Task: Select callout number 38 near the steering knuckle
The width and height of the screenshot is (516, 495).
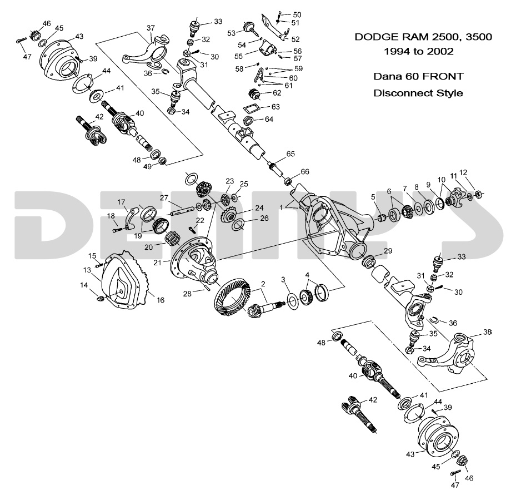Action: point(487,332)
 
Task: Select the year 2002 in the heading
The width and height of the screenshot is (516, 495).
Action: point(440,51)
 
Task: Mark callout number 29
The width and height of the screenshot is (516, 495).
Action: point(388,251)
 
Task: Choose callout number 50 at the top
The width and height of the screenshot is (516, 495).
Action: point(297,14)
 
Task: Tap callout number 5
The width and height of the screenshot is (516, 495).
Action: point(373,197)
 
